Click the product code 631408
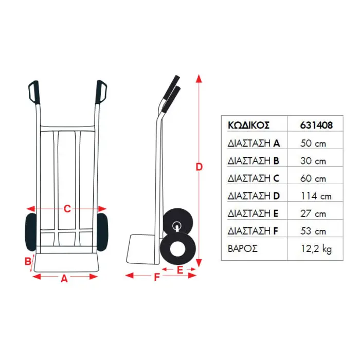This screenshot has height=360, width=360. (x=316, y=125)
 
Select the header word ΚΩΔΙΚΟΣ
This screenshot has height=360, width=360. (x=249, y=125)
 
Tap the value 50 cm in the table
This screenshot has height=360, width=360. (x=313, y=143)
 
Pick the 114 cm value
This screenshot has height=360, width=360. (x=316, y=196)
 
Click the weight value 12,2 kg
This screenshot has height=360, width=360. (x=316, y=249)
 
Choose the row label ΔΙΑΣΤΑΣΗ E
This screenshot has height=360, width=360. (x=254, y=213)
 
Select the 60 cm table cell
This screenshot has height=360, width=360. (x=313, y=178)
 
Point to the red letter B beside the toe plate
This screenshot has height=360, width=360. (x=28, y=261)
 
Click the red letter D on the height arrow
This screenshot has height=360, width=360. (x=199, y=167)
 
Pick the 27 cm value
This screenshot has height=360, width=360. (x=313, y=213)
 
